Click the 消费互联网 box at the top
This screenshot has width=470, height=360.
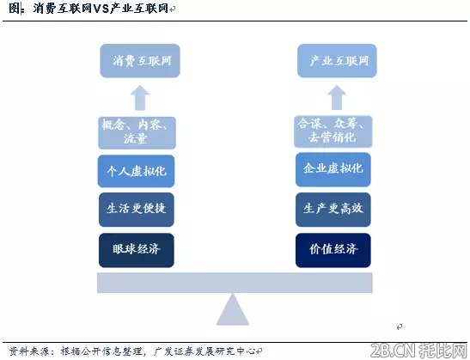click(x=140, y=61)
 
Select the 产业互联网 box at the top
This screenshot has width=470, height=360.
click(x=337, y=61)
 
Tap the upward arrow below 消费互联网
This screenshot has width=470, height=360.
click(x=140, y=98)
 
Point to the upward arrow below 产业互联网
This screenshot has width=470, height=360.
click(x=337, y=97)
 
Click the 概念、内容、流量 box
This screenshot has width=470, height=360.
click(x=137, y=133)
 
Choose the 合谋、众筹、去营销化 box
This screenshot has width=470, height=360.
click(x=333, y=131)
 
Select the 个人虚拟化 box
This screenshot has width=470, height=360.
click(x=136, y=171)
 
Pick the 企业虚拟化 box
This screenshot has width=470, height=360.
click(x=333, y=169)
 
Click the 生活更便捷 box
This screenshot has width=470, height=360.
click(x=137, y=210)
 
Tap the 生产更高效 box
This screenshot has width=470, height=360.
click(x=333, y=210)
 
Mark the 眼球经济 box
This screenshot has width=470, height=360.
click(x=137, y=250)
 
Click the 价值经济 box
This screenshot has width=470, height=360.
click(x=333, y=250)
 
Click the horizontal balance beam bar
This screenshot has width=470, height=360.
click(x=235, y=283)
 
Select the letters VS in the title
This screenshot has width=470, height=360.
click(x=101, y=8)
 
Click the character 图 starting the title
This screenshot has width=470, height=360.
click(x=15, y=8)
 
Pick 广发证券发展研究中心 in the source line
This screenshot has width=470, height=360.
click(x=204, y=351)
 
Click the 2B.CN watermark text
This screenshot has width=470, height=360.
click(x=393, y=350)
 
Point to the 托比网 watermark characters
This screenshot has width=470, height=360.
click(x=443, y=350)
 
